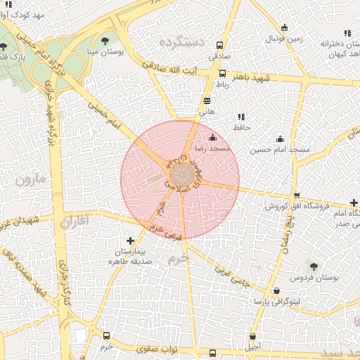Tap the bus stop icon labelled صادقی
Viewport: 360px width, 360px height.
click(222, 73)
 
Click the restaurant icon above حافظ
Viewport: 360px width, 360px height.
click(241, 117)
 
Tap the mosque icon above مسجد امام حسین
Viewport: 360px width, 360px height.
click(281, 139)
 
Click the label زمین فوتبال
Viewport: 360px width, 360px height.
click(283, 39)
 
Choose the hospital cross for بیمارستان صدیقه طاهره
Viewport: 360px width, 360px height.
click(129, 241)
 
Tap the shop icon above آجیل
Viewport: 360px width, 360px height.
click(252, 336)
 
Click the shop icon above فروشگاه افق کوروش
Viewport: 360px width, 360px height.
click(297, 195)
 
